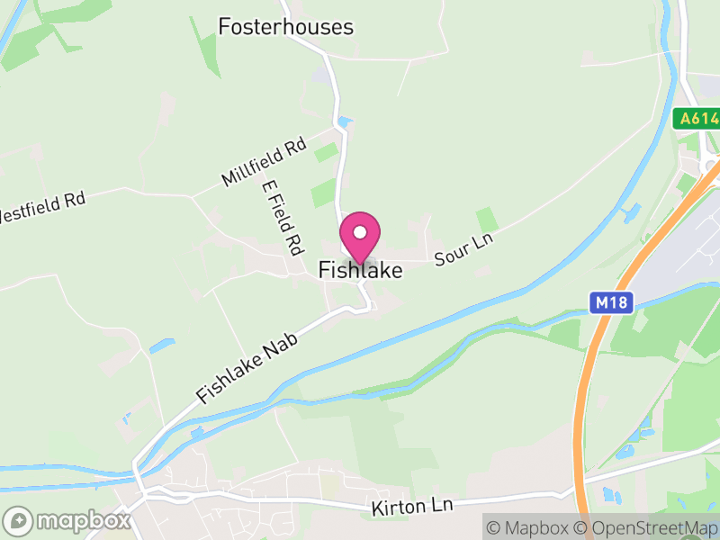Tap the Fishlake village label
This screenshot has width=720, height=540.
click(x=360, y=269)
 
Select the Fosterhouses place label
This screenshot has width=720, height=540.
click(x=286, y=27)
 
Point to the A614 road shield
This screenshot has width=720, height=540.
click(x=697, y=118)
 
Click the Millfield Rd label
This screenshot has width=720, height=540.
click(x=265, y=160)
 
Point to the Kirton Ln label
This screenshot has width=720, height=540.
click(x=409, y=508)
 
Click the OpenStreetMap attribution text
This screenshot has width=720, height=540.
click(x=644, y=526)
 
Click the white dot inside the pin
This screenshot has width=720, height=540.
click(x=360, y=232)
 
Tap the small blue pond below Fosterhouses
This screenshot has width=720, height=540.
click(x=346, y=121)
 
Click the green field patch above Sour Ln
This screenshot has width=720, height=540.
click(x=487, y=219)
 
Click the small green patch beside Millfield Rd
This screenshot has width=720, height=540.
click(x=326, y=151)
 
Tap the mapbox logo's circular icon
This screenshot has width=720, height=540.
click(x=18, y=520)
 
